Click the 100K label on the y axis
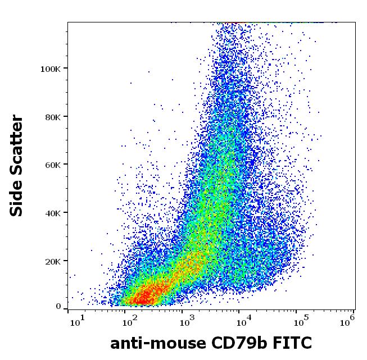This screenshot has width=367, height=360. [x=50, y=69]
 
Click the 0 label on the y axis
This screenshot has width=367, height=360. [x=58, y=307]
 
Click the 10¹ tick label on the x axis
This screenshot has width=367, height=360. [x=77, y=321]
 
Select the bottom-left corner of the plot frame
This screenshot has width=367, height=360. [x=67, y=309]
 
